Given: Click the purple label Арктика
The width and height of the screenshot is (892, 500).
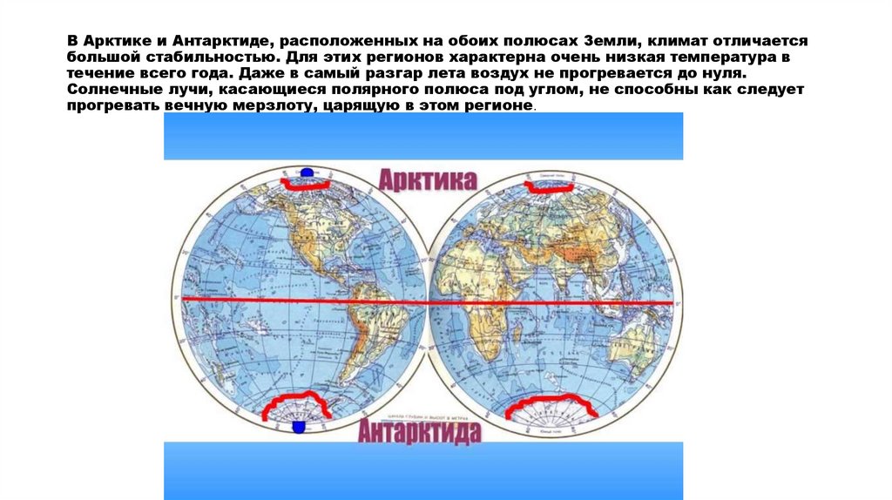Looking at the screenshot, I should click(427, 180).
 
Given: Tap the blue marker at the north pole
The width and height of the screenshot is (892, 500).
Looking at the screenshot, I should click(305, 176).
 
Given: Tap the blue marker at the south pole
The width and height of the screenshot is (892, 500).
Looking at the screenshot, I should click(299, 426).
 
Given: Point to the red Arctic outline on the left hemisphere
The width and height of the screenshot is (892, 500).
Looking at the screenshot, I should click(305, 185).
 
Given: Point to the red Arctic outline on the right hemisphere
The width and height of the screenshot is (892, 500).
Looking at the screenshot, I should click(547, 186).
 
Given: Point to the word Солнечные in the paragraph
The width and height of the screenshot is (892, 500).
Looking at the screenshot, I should click(106, 91).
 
